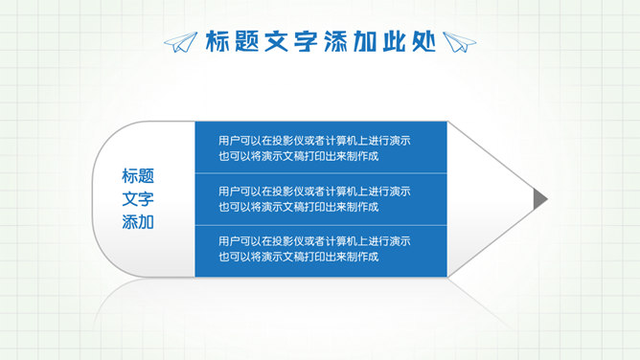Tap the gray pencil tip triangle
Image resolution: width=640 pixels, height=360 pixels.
[x=540, y=198]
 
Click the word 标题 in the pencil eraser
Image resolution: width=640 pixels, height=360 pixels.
[x=138, y=176]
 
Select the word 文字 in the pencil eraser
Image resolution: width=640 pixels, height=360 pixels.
[x=138, y=199]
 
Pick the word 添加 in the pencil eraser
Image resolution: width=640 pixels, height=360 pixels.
[x=138, y=223]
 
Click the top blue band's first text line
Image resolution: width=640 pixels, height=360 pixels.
[x=314, y=140]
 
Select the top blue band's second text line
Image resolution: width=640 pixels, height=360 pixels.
[x=298, y=156]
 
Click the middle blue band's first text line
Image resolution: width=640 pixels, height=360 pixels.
[x=314, y=191]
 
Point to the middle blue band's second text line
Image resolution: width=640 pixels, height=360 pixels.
[x=298, y=207]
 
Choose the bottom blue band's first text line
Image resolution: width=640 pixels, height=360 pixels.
[x=314, y=240]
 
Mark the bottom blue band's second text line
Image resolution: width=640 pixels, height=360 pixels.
[x=298, y=257]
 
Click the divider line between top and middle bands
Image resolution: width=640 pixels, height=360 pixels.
[x=321, y=173]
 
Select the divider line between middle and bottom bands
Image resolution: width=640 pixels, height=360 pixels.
[x=321, y=224]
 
